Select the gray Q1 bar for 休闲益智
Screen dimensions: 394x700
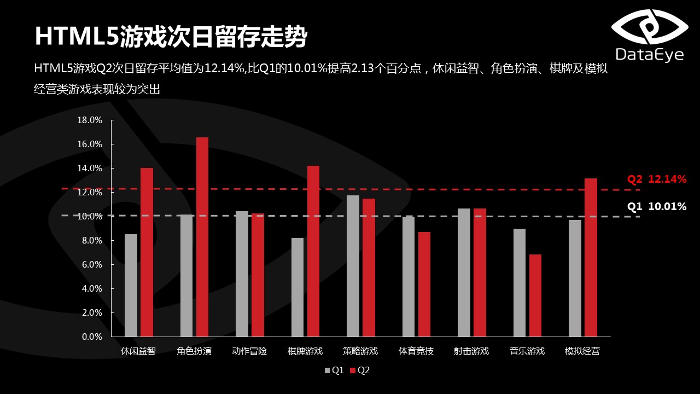[x=131, y=285]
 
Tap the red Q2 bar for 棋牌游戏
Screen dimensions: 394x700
[x=313, y=251]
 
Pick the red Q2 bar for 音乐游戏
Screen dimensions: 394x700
[x=535, y=296]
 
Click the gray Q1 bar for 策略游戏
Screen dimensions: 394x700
[x=353, y=266]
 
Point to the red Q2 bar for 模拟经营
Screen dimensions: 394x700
[x=591, y=257]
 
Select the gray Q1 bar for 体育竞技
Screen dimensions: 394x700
[x=409, y=276]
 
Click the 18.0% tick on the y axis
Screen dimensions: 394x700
[x=90, y=120]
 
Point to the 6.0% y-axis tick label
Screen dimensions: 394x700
[x=92, y=265]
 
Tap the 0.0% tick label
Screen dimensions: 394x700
[x=92, y=337]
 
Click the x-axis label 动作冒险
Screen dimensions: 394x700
[x=249, y=351]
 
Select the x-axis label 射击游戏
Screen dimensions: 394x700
[x=471, y=351]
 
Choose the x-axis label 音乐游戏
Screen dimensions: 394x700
[x=527, y=351]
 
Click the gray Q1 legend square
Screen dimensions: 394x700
[x=328, y=370]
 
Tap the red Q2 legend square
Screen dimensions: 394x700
[x=353, y=370]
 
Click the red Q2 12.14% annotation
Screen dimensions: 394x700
[x=656, y=179]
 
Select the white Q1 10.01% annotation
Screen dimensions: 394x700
[x=656, y=207]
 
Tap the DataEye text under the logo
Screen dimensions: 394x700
[x=650, y=55]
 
